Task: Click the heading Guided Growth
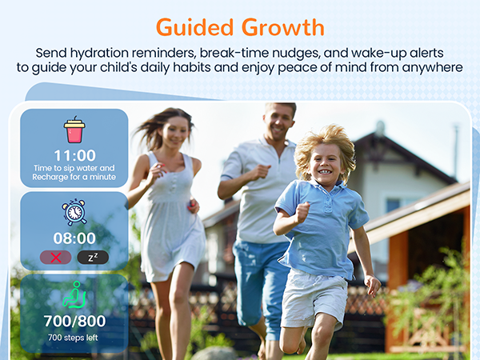pyautogui.click(x=240, y=26)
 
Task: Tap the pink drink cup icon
pyautogui.click(x=74, y=130)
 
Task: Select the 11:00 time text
pyautogui.click(x=74, y=155)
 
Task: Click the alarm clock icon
pyautogui.click(x=74, y=212)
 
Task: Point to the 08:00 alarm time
pyautogui.click(x=74, y=238)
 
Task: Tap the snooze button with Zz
pyautogui.click(x=93, y=257)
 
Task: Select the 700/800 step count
pyautogui.click(x=74, y=321)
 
